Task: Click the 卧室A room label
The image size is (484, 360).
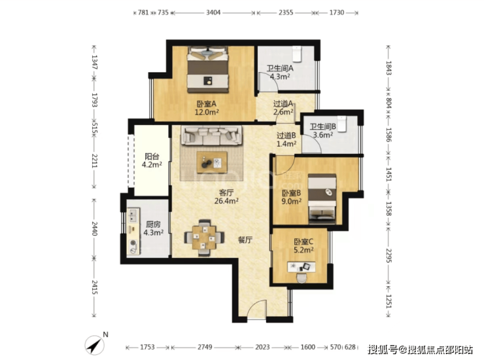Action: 207,104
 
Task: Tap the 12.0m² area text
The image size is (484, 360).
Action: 207,112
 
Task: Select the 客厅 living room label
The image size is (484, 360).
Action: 226,193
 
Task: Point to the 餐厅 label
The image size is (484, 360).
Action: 245,240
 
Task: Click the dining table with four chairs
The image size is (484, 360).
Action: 203,238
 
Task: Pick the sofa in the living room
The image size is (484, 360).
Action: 211,135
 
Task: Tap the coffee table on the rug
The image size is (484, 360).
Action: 212,162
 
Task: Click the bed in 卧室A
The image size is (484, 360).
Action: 208,69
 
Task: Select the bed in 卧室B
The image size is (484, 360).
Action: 322,199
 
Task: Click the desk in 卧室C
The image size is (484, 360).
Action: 302,266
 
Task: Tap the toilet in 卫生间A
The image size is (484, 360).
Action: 297,54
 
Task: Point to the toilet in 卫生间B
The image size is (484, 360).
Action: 341,124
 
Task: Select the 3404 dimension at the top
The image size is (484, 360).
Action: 213,12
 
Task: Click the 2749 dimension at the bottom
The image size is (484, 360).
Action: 205,348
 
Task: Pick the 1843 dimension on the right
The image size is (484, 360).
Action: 389,68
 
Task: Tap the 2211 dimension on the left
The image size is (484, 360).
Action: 94,160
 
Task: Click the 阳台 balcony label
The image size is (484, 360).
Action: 152,156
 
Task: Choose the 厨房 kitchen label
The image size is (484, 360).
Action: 154,225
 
